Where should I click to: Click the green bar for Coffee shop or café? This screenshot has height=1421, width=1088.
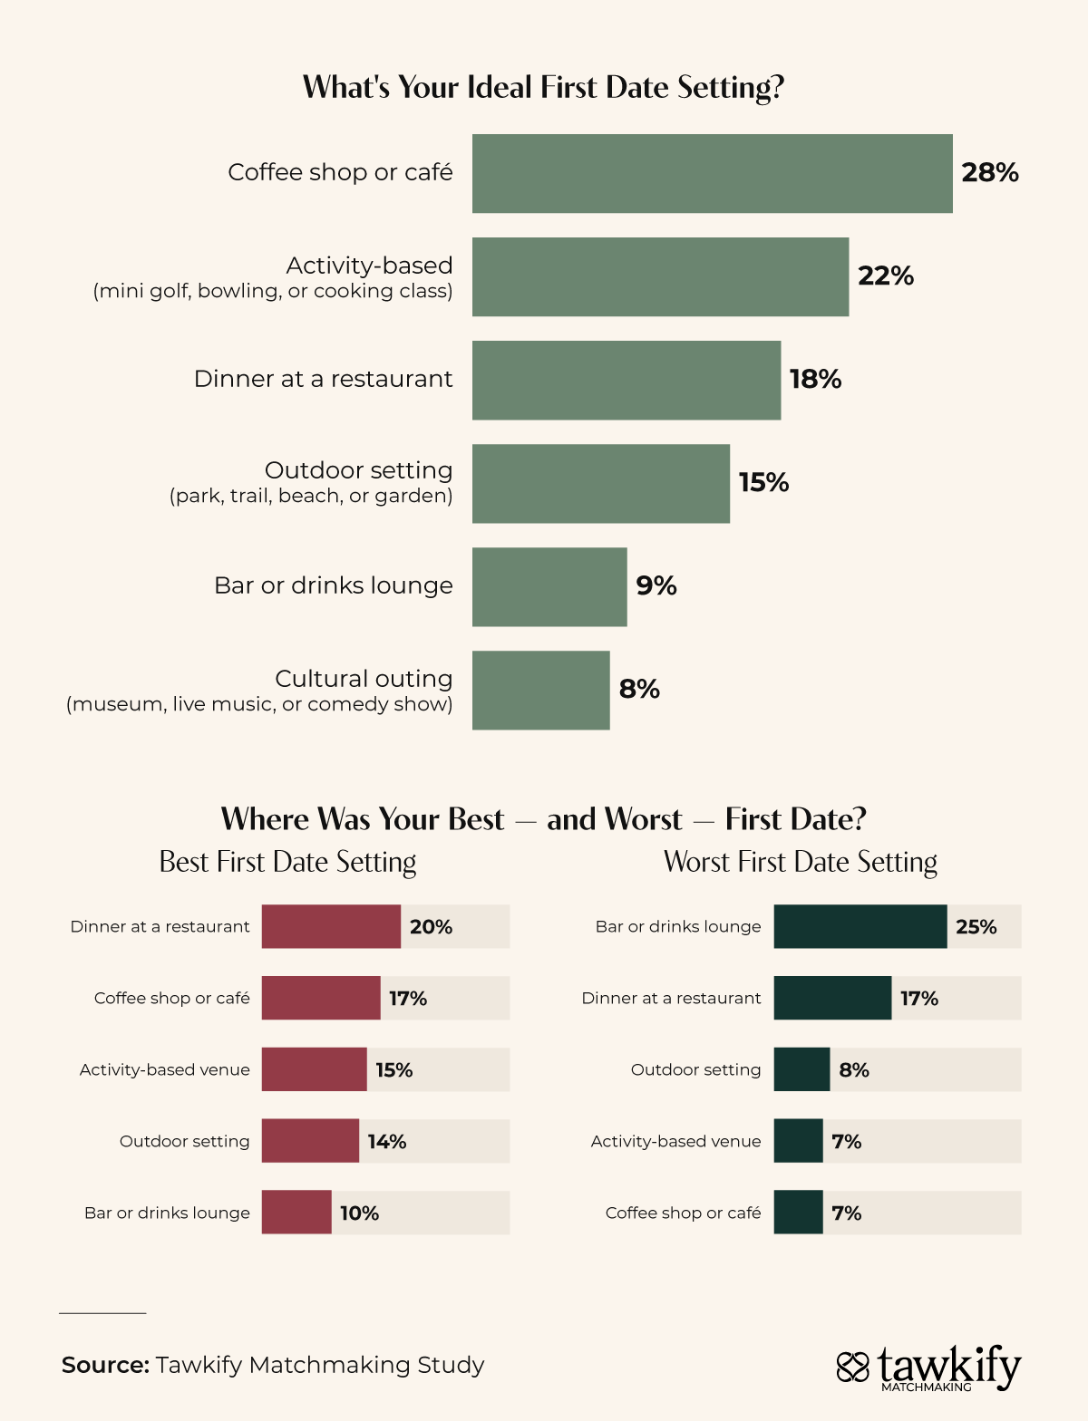coord(712,174)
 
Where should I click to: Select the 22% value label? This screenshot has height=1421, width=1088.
coord(886,275)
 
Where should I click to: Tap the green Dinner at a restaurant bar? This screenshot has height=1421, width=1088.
coord(626,380)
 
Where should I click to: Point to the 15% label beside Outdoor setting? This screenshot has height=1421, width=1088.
coord(763,482)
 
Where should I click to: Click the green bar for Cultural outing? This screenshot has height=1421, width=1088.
coord(540,690)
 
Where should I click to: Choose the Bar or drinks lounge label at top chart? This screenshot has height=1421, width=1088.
coord(333,585)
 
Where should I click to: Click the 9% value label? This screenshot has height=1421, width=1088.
coord(656,585)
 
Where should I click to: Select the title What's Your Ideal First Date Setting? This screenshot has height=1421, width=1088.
coord(543,87)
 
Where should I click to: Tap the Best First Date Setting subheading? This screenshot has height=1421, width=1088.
coord(287,861)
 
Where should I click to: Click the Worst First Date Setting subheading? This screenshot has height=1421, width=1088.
coord(801,861)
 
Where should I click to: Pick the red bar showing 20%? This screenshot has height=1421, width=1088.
coord(331,926)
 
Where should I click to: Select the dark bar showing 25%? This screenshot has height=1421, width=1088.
coord(860,926)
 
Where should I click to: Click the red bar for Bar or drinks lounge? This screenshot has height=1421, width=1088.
coord(296,1213)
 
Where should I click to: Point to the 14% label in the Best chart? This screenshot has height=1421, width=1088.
coord(387,1142)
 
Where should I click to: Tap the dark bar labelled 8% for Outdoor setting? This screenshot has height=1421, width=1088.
coord(801,1069)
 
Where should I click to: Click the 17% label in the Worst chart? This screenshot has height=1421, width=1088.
coord(919,999)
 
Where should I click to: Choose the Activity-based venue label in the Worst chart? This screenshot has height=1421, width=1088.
coord(675,1142)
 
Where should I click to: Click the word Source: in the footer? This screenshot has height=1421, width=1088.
coord(105,1365)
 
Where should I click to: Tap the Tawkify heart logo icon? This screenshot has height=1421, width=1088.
coord(852,1367)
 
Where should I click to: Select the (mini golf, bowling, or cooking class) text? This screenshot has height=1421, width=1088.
coord(273,292)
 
